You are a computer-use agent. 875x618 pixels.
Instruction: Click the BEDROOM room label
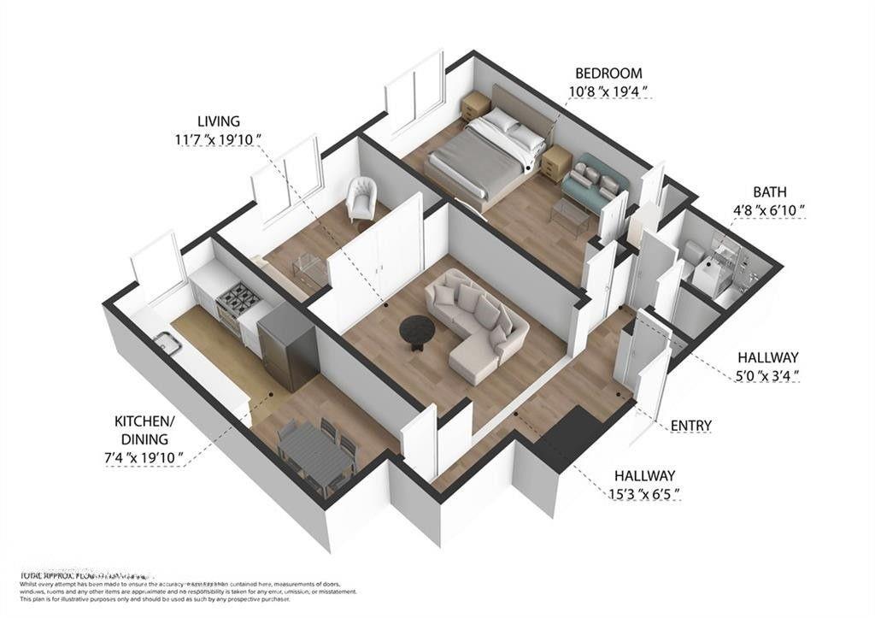point(608,74)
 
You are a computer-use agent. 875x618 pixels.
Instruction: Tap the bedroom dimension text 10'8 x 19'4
point(608,91)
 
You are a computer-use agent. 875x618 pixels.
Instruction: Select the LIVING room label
point(218,121)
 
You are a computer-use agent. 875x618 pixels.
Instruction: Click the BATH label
point(769,192)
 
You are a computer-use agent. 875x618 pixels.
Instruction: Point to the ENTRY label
point(691,425)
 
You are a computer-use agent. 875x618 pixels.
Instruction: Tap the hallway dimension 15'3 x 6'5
point(644,494)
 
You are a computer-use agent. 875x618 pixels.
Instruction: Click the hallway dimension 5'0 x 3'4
point(767,374)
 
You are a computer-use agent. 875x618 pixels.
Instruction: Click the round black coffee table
point(418,328)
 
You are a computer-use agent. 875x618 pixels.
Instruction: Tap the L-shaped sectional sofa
point(474,325)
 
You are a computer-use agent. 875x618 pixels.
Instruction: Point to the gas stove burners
point(238,298)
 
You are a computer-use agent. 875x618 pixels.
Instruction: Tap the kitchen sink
point(166,344)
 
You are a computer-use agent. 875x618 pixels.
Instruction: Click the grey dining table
point(314,452)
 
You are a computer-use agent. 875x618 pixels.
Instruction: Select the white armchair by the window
point(361,199)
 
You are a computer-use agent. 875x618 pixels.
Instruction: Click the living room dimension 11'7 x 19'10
point(217,139)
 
